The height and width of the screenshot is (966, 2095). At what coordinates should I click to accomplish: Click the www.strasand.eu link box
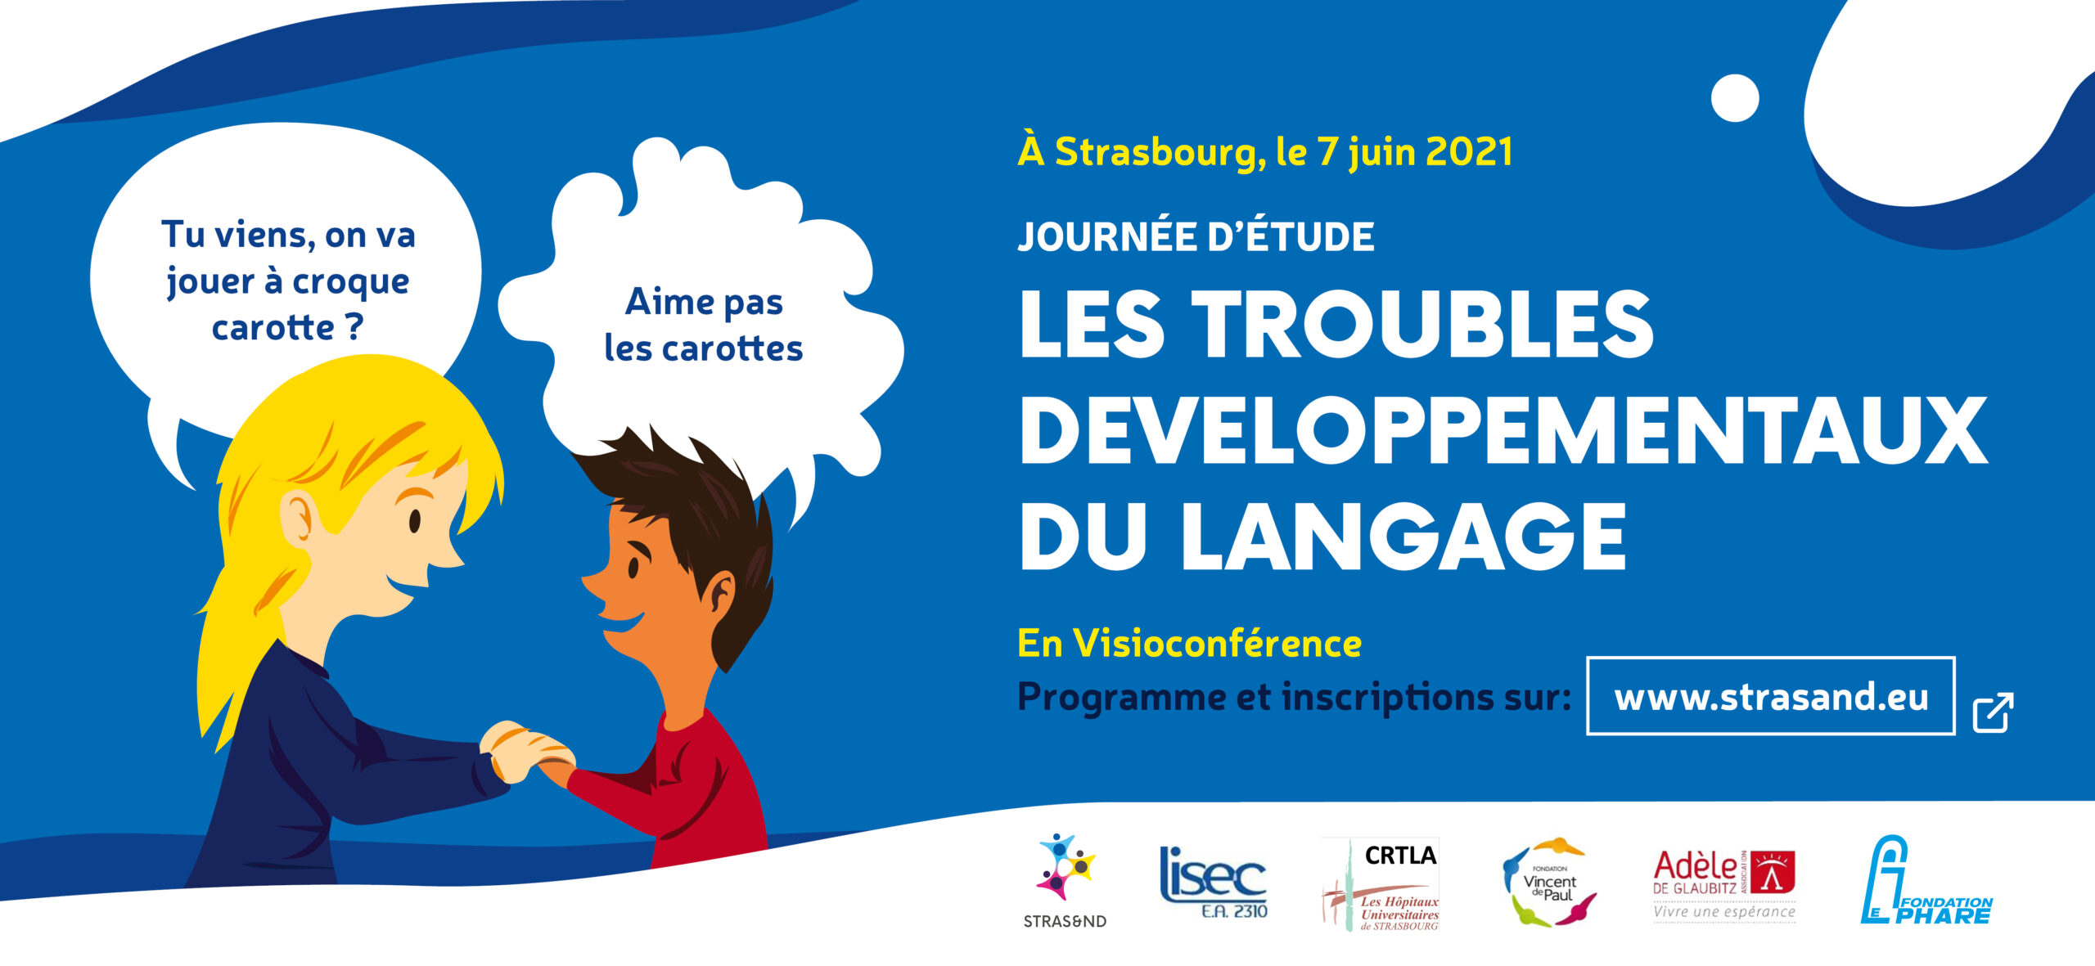(x=1770, y=697)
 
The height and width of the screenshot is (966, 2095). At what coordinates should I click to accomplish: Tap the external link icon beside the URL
(x=1993, y=712)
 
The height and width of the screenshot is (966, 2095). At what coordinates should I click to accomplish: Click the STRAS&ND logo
(x=1065, y=879)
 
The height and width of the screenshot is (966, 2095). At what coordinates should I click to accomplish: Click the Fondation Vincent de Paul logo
(x=1548, y=882)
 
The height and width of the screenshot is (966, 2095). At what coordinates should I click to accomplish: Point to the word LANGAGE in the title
(x=1403, y=537)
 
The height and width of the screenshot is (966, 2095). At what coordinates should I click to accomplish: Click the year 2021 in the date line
(x=1468, y=152)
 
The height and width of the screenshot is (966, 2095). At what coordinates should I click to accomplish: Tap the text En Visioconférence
(x=1189, y=644)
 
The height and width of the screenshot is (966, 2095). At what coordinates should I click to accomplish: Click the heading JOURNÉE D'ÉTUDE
(x=1196, y=237)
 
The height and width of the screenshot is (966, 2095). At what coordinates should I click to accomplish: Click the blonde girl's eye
(x=415, y=520)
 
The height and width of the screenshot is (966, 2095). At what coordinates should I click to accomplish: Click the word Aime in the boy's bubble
(x=669, y=302)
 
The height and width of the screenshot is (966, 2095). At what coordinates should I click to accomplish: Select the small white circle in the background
(x=1734, y=98)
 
